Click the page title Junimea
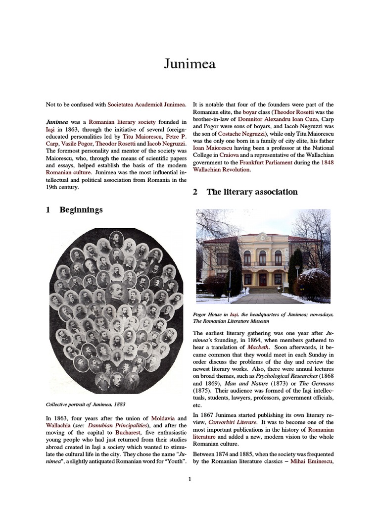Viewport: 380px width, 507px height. pos(190,64)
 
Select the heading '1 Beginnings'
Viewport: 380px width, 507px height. pos(74,210)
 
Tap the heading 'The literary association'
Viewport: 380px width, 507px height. pos(245,192)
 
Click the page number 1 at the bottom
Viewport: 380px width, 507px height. pos(190,478)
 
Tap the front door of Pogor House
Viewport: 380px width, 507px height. pos(263,279)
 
